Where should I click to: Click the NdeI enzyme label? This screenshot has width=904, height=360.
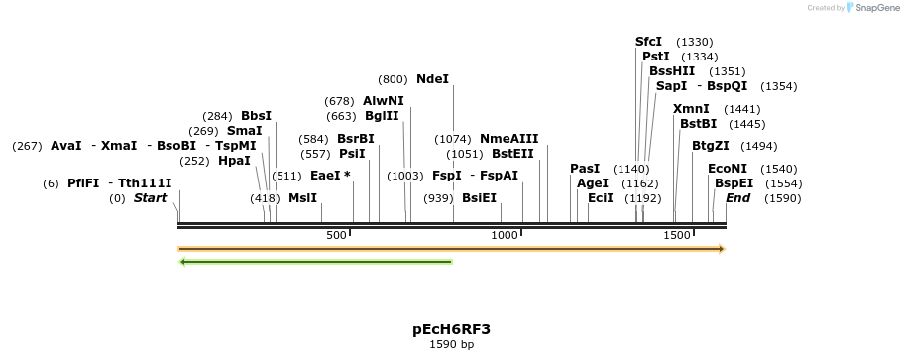click(432, 79)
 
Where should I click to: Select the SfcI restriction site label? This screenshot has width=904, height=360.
click(648, 42)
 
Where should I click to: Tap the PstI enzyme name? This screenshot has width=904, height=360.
click(656, 57)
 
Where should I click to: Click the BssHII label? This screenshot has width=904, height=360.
click(672, 71)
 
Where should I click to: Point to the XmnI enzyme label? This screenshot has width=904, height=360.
click(691, 109)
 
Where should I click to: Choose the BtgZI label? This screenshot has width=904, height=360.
click(711, 146)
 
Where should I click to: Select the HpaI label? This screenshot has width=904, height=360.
click(234, 161)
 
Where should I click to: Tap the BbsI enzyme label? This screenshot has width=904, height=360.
click(256, 116)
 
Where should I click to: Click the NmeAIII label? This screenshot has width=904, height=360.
click(508, 139)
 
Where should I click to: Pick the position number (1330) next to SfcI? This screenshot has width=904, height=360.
click(694, 42)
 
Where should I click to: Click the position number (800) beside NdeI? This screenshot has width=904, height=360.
click(393, 79)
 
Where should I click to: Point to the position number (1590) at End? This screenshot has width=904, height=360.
click(782, 198)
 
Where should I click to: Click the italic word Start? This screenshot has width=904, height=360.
click(150, 198)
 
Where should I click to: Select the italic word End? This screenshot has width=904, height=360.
click(737, 198)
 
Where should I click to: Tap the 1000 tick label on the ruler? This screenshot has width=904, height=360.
click(506, 235)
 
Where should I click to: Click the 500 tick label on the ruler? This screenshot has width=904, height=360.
click(336, 235)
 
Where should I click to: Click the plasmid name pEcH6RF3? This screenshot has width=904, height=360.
click(451, 329)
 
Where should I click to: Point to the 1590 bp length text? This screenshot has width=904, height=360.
click(451, 345)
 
